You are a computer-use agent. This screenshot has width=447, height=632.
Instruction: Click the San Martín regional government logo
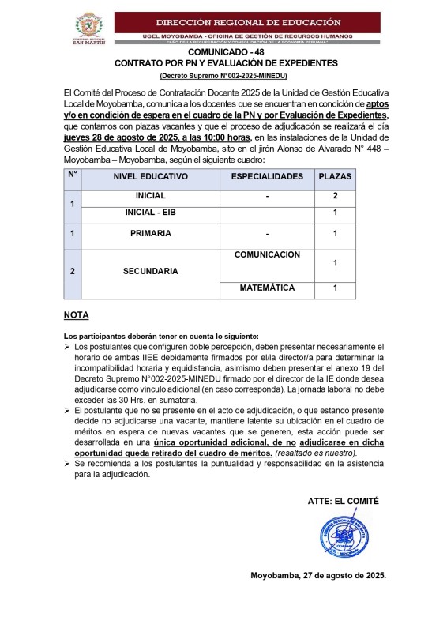(88, 30)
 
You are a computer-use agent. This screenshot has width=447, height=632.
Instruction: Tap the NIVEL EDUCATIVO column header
(151, 176)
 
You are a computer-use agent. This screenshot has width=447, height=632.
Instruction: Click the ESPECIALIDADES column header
(267, 176)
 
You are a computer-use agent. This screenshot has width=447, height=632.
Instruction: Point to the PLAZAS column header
(335, 176)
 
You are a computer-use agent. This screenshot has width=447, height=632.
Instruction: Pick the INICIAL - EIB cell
(151, 213)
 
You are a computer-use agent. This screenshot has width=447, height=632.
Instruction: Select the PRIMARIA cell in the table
(151, 234)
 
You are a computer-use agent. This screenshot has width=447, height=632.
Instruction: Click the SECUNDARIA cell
(151, 271)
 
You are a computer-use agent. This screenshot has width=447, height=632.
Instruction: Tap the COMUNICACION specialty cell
(267, 255)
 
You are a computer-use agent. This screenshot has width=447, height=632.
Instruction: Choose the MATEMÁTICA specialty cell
(267, 288)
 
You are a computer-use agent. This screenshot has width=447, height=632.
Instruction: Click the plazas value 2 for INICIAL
(335, 195)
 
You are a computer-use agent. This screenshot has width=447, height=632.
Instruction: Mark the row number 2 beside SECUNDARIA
(73, 271)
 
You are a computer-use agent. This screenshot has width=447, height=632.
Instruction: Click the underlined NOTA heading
(76, 315)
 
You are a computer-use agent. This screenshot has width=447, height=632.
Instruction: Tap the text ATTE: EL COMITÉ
(343, 501)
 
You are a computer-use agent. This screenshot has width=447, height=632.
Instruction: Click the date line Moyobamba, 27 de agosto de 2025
(318, 575)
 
